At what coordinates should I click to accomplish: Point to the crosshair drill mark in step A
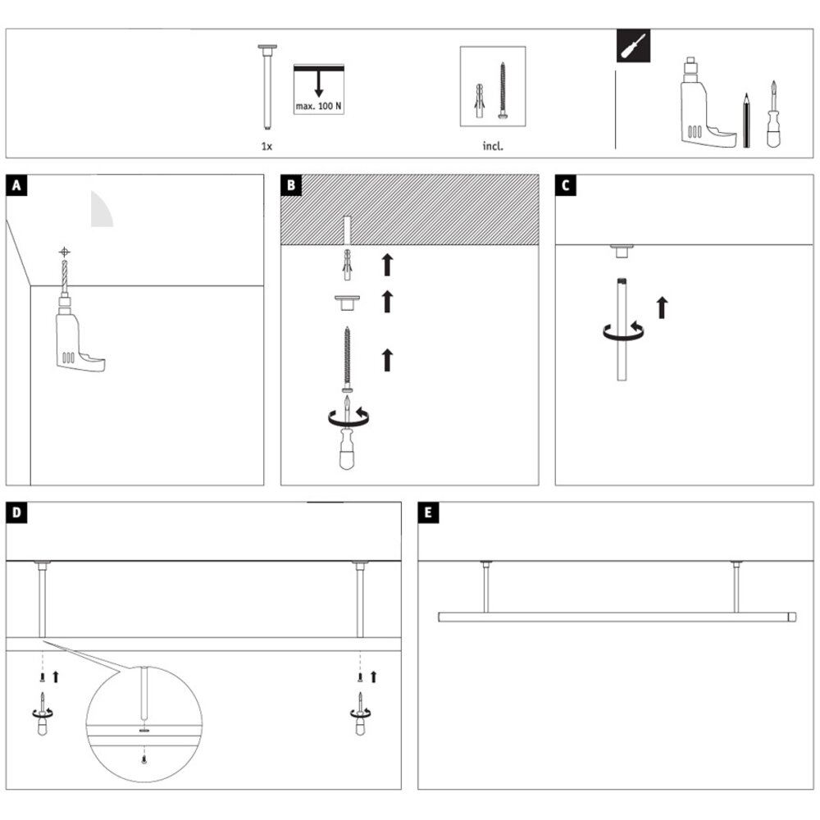(65, 252)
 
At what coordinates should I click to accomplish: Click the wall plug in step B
(348, 263)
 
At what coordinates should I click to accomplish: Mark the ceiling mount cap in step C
(622, 248)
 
